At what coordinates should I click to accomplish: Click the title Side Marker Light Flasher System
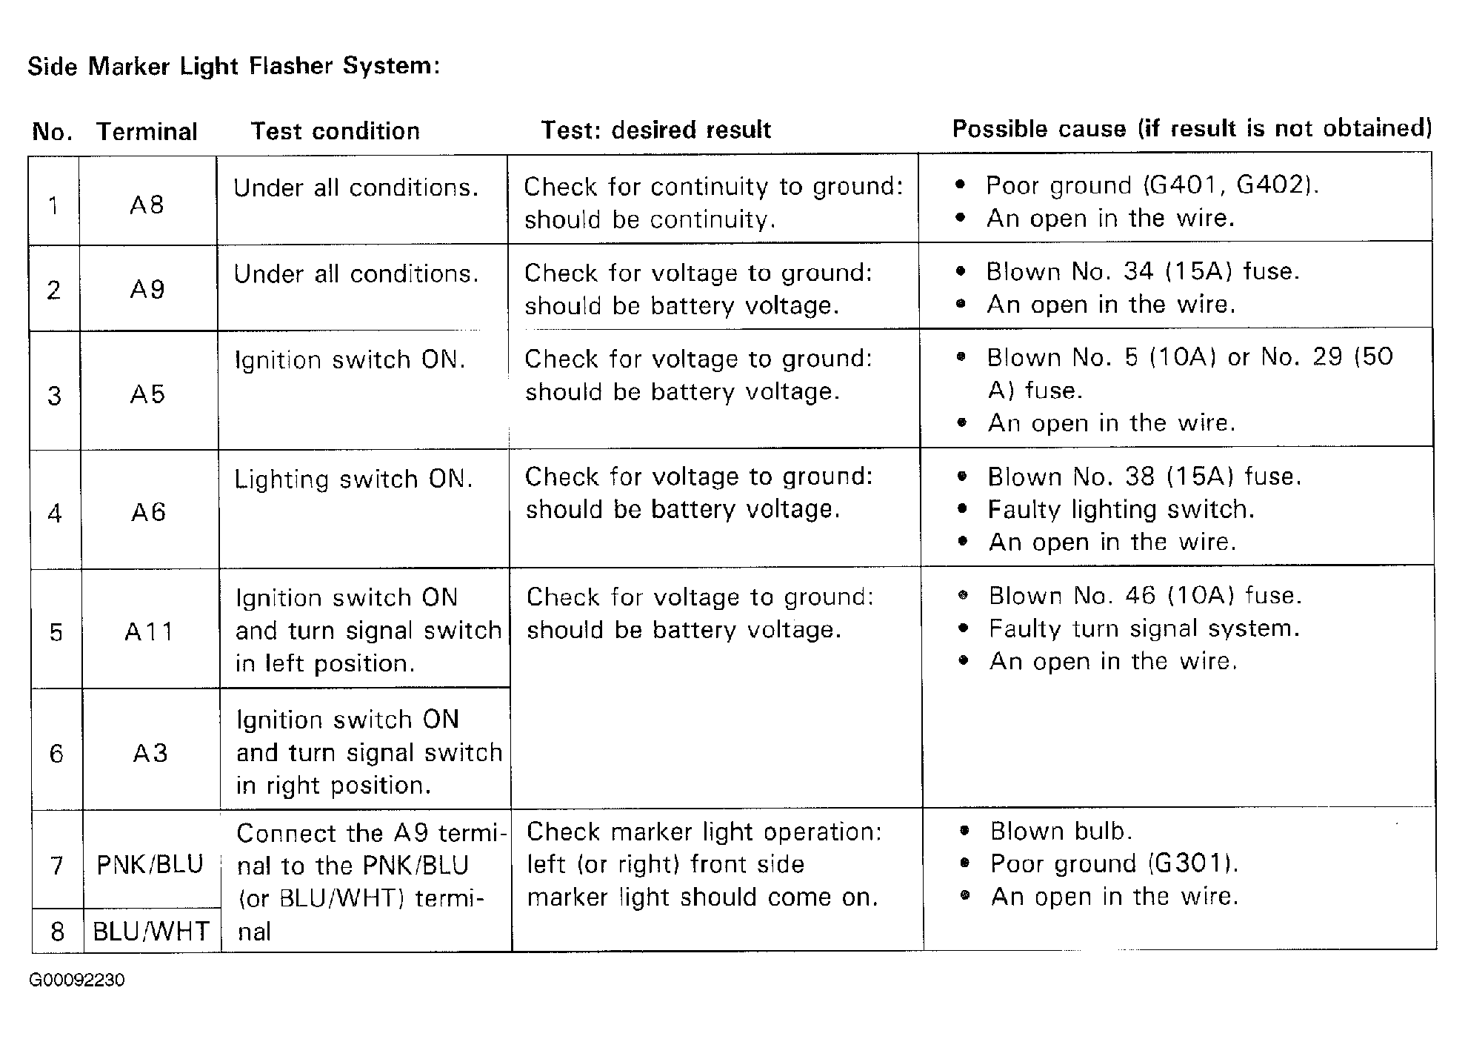tap(234, 67)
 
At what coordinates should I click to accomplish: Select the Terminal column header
tap(147, 132)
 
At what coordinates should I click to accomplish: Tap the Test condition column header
tap(335, 131)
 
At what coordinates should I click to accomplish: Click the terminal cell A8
tap(147, 205)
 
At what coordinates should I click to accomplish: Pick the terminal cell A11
tap(149, 631)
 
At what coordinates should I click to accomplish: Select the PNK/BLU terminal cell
tap(150, 865)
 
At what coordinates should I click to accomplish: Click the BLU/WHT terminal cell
tap(151, 931)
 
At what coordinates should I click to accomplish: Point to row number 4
tap(55, 513)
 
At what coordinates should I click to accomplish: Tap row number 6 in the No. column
tap(56, 754)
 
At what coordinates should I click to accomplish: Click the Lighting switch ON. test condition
tap(353, 479)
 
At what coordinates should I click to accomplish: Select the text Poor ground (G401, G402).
tap(1152, 185)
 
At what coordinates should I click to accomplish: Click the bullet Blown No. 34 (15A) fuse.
tap(1142, 271)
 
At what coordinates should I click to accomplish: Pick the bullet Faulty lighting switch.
tap(1121, 509)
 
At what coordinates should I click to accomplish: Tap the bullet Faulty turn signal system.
tap(1144, 628)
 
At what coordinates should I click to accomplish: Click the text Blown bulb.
tap(1061, 832)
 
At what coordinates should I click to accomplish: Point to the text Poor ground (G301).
tap(1113, 863)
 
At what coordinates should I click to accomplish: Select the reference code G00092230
tap(77, 980)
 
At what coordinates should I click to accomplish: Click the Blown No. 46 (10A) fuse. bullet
tap(1144, 595)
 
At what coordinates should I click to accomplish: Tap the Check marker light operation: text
tap(704, 832)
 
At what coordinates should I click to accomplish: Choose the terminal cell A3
tap(150, 754)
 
